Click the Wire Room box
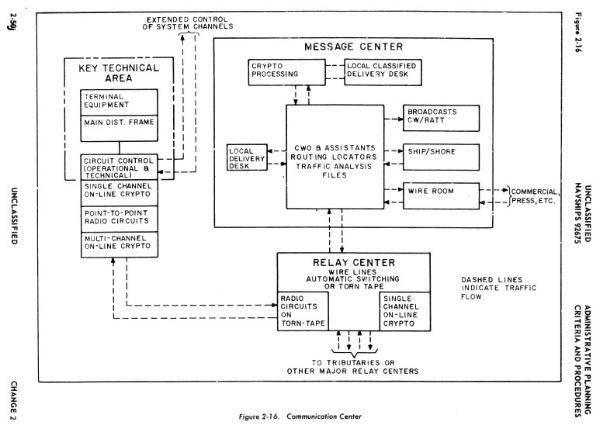click(434, 189)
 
